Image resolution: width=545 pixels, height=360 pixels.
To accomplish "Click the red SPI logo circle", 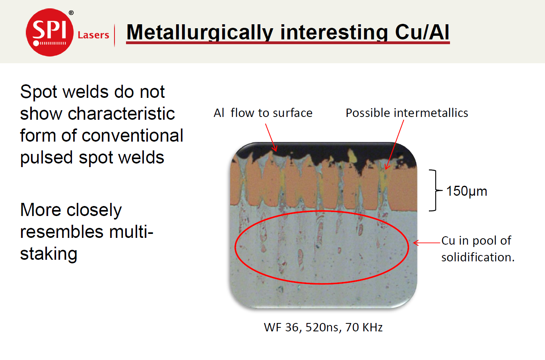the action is (50, 32).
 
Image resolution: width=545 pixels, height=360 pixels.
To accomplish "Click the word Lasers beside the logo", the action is (93, 35).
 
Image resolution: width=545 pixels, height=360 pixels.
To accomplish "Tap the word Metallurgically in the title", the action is (200, 33).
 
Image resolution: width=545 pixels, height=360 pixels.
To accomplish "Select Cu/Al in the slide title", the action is (422, 32).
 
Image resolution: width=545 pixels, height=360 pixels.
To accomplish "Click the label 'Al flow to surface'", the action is (263, 113).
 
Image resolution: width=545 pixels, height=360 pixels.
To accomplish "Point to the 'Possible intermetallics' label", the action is (407, 113).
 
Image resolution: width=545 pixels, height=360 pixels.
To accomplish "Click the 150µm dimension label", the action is (467, 191).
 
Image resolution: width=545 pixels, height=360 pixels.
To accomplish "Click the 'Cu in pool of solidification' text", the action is (478, 249).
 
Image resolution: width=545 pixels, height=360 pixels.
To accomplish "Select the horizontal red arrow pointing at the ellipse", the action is (427, 243).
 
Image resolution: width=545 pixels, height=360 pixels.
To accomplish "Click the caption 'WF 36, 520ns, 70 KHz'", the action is (323, 327).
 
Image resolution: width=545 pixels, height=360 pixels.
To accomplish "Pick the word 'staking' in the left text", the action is (48, 254).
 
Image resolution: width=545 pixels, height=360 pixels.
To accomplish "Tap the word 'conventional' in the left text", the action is (132, 136).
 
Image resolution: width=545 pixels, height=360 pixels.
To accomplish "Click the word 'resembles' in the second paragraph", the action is (62, 232).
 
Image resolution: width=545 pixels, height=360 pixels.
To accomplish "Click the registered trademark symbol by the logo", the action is (71, 13).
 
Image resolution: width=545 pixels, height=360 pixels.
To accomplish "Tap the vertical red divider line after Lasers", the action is (114, 35).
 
